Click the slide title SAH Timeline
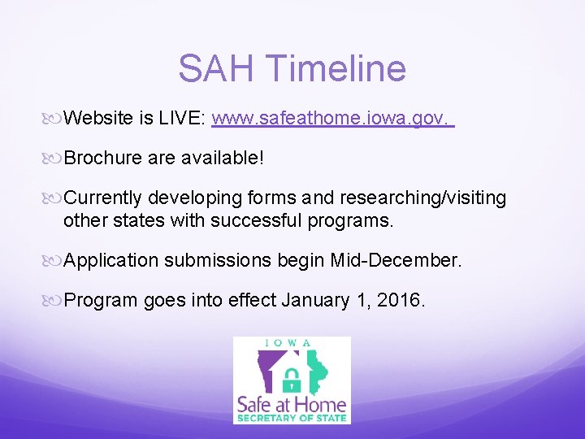tap(292, 68)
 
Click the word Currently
tap(102, 198)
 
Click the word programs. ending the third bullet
tap(353, 221)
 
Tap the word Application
tap(111, 261)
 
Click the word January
tap(317, 301)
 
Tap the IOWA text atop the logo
tap(291, 342)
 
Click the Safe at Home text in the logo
tap(291, 403)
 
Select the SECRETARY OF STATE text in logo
tap(291, 419)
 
